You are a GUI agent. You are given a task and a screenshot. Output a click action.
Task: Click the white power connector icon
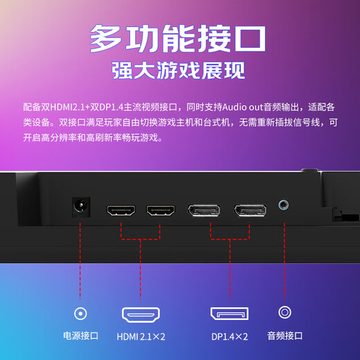(81, 313)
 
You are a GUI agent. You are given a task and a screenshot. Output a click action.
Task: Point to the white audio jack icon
(284, 313)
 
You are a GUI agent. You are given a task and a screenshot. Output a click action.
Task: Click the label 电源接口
(81, 336)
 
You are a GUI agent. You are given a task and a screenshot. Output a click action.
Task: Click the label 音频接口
(285, 336)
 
